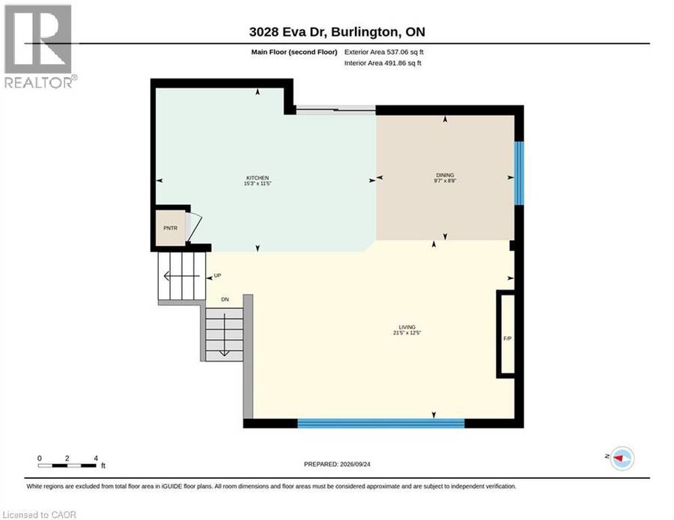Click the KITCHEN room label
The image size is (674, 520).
[x=258, y=178]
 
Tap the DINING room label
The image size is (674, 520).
[x=445, y=175]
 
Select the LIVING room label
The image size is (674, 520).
[x=407, y=327]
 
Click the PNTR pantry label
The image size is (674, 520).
[x=171, y=228]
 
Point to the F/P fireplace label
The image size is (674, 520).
[x=508, y=339]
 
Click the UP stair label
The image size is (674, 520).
[x=217, y=275]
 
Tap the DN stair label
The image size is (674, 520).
[x=225, y=299]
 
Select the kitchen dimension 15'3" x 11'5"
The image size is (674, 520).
[x=258, y=183]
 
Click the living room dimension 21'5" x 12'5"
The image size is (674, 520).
[x=407, y=333]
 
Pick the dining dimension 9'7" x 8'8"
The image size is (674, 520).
[x=445, y=181]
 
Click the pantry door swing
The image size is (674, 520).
[x=195, y=227]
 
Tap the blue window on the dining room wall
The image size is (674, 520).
[x=519, y=173]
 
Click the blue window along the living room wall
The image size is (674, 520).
[x=381, y=423]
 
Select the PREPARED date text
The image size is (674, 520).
[x=337, y=464]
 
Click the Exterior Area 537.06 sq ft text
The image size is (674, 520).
[x=384, y=52]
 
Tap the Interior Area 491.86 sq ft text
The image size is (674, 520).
[x=383, y=63]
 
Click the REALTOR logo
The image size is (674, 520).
[x=40, y=46]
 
